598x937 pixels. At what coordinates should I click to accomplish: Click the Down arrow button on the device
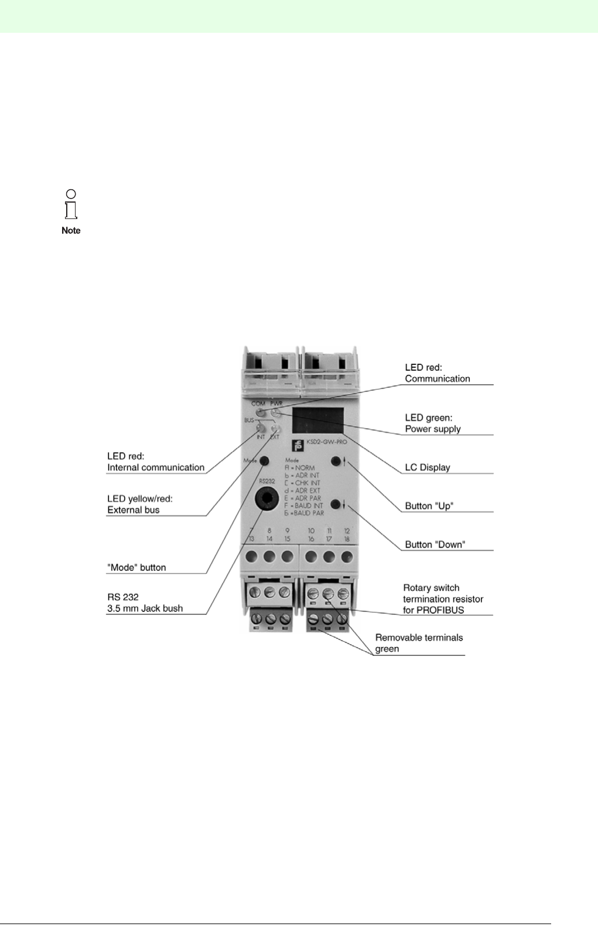(x=336, y=505)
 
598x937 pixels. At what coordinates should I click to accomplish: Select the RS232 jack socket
(x=267, y=498)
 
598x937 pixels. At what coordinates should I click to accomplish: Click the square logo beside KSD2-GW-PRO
(x=297, y=445)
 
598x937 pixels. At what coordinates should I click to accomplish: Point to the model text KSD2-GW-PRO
(x=327, y=443)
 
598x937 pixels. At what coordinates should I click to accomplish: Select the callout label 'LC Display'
(x=428, y=467)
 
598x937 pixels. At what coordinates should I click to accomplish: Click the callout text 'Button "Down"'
(x=435, y=545)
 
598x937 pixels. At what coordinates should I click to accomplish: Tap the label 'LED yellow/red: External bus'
(x=140, y=504)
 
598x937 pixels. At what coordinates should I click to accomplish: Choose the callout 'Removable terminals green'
(x=419, y=643)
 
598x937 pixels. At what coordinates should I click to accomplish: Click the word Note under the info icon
(x=71, y=231)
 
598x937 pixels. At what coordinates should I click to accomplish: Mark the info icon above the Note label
(x=71, y=203)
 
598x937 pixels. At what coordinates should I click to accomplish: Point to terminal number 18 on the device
(x=347, y=539)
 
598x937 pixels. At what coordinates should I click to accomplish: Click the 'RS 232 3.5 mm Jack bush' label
(x=145, y=603)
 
